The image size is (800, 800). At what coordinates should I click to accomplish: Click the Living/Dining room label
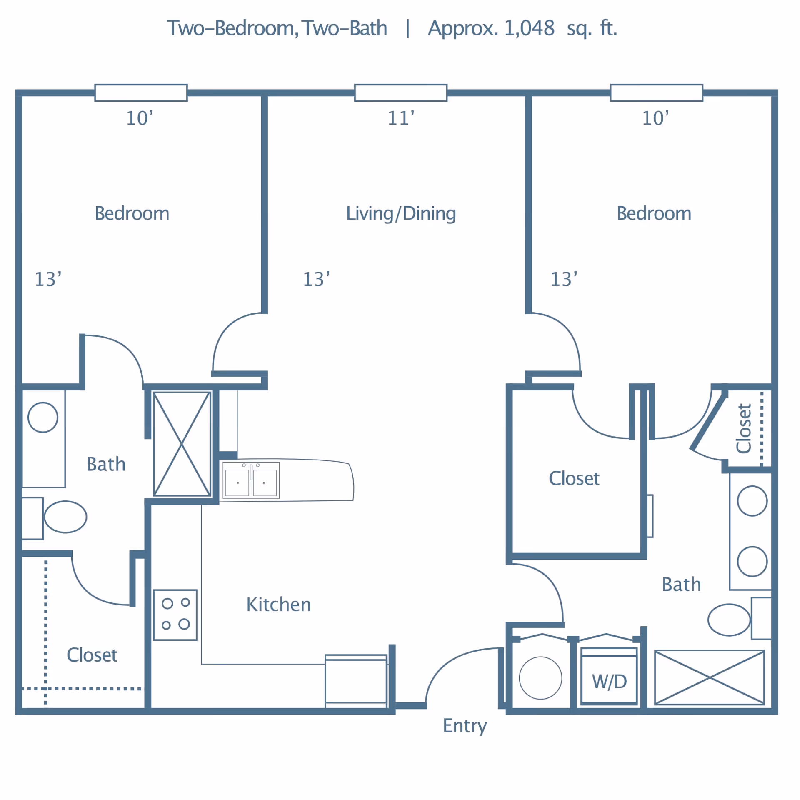[x=401, y=214]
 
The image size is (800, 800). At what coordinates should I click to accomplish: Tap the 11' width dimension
[x=401, y=118]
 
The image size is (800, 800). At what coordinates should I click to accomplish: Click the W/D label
[x=609, y=682]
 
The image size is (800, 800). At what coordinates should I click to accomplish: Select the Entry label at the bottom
[x=465, y=726]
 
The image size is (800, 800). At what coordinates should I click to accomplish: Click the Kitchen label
[x=278, y=605]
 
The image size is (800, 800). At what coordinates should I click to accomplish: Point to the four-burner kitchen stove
[x=175, y=615]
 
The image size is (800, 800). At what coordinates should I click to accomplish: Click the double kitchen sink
[x=251, y=480]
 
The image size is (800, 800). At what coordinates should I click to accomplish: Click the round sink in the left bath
[x=43, y=417]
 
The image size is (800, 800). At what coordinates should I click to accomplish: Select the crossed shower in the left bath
[x=182, y=444]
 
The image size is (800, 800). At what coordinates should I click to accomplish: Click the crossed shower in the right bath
[x=709, y=677]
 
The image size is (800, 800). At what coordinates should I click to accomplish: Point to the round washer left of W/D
[x=540, y=678]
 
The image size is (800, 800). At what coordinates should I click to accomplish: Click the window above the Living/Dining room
[x=401, y=92]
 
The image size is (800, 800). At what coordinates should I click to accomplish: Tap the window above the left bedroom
[x=141, y=92]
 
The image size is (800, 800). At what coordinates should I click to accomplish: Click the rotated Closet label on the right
[x=743, y=428]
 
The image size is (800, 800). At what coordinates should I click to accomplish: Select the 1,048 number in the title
[x=529, y=28]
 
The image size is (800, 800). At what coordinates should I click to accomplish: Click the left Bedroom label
[x=132, y=213]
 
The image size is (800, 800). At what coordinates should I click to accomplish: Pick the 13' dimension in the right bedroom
[x=564, y=279]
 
